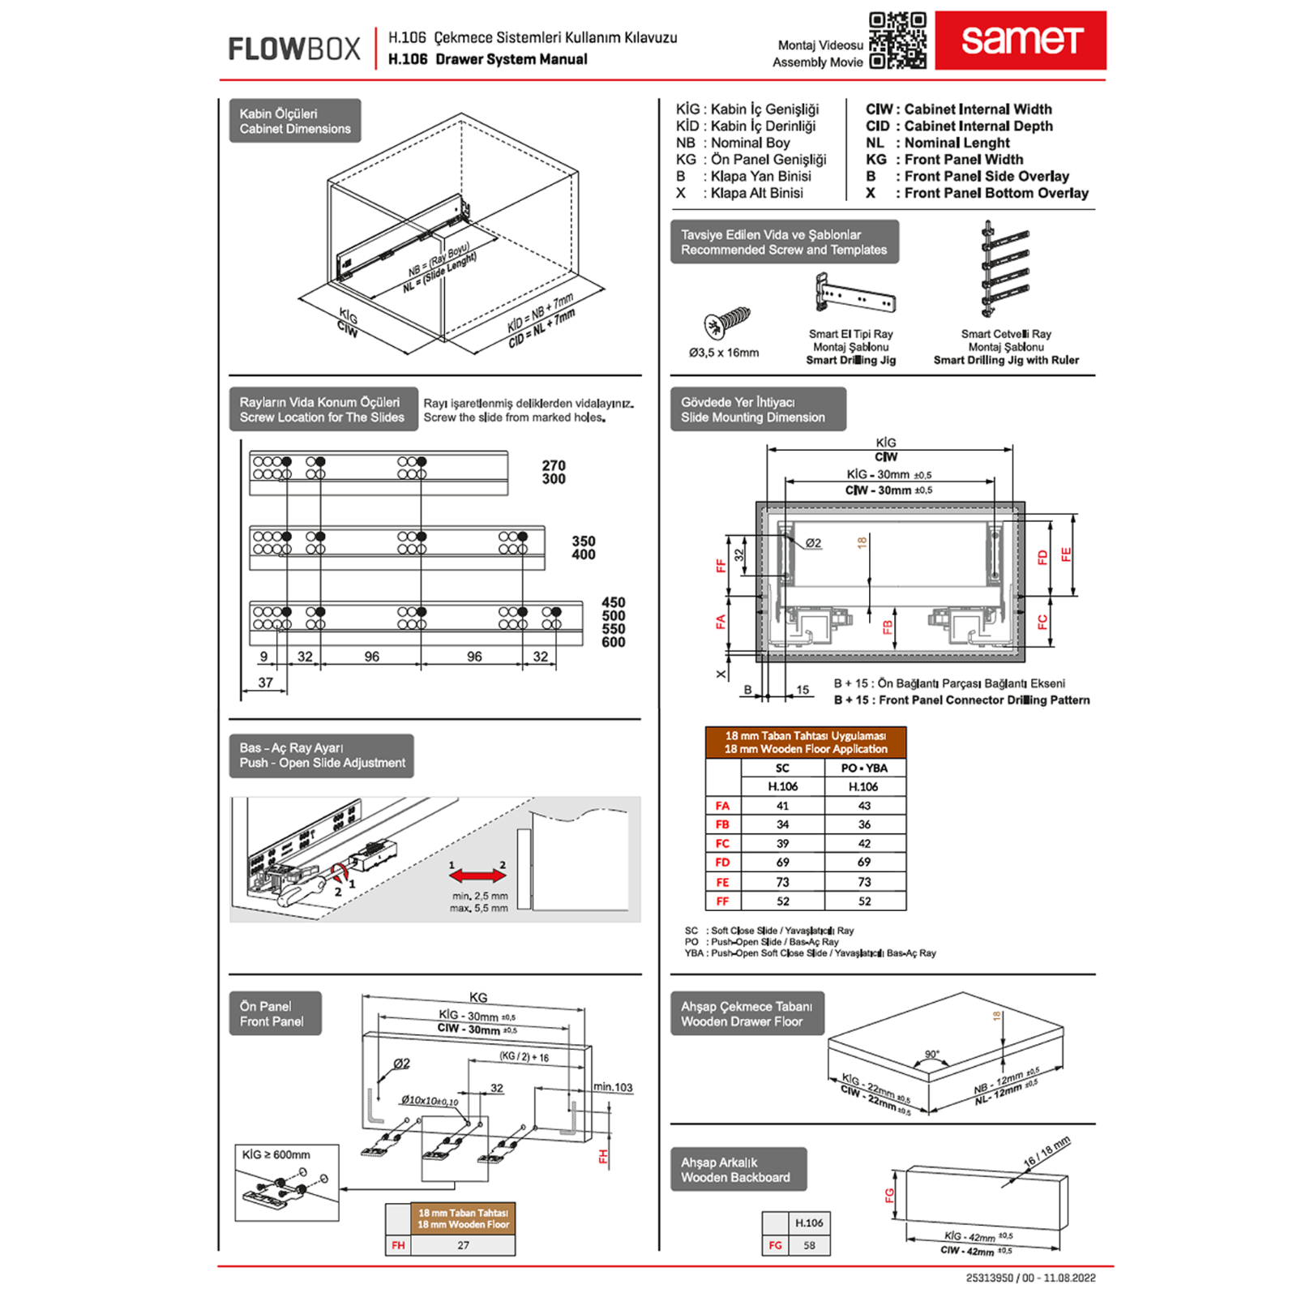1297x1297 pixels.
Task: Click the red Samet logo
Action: [x=1020, y=40]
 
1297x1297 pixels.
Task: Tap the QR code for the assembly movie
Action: [x=897, y=40]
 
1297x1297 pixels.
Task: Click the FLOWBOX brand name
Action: [x=293, y=49]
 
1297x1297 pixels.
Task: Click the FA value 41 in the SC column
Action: [x=782, y=806]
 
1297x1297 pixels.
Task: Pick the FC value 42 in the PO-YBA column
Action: [x=864, y=844]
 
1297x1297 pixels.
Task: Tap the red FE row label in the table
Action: [x=722, y=882]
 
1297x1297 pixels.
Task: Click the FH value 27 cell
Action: [x=463, y=1245]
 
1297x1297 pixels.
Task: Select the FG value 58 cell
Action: [x=809, y=1245]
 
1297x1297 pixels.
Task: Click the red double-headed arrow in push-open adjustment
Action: [x=477, y=875]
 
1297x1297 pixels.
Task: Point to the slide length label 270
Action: [x=554, y=465]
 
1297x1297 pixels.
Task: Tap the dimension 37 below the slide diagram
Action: [x=265, y=683]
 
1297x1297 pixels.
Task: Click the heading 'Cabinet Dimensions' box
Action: [x=295, y=121]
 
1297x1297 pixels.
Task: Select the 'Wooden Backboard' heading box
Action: [x=738, y=1170]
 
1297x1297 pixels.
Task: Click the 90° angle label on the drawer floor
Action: [x=932, y=1055]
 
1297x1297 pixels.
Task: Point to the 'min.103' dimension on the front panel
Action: [x=612, y=1087]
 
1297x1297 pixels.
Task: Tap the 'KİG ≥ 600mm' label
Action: [x=276, y=1154]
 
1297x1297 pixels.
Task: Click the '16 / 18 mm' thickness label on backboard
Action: [x=1046, y=1151]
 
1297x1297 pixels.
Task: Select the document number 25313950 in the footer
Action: [x=989, y=1278]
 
